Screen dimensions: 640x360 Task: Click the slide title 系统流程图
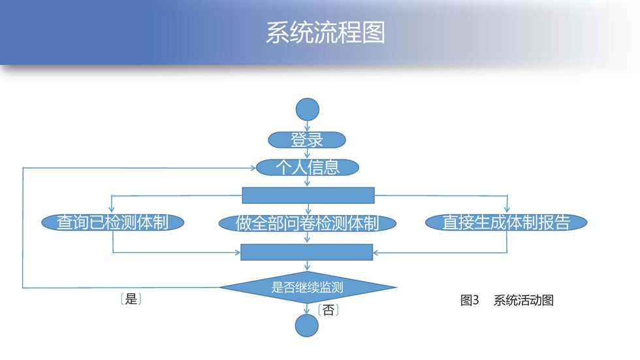tap(325, 33)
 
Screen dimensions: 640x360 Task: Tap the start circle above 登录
tap(308, 109)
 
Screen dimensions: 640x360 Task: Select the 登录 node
tap(307, 140)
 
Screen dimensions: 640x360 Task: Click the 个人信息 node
tap(308, 167)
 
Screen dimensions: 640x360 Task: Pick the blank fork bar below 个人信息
tap(308, 195)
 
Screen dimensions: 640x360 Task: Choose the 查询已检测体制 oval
tap(112, 222)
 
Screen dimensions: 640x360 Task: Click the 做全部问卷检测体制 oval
tap(308, 223)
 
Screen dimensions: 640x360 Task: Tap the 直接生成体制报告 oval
tap(506, 222)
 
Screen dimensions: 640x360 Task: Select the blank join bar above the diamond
tap(306, 252)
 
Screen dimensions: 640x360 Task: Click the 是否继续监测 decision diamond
tap(308, 287)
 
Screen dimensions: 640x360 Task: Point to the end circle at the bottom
tap(306, 325)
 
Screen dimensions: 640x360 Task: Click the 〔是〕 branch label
tap(131, 299)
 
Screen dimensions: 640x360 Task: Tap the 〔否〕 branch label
tap(328, 310)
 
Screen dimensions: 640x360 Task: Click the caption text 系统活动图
tap(524, 301)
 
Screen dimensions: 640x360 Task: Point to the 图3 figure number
tap(470, 301)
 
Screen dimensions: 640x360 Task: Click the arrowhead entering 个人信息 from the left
tap(253, 168)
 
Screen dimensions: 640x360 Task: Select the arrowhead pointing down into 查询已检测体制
tap(112, 210)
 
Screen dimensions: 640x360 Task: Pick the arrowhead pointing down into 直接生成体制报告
tap(507, 210)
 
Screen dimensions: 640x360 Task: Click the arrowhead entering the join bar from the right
tap(376, 253)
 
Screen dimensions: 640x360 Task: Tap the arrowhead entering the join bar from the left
tap(238, 253)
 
